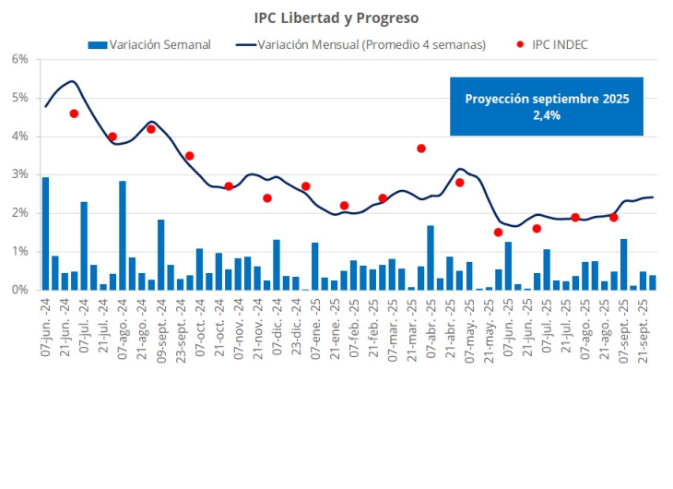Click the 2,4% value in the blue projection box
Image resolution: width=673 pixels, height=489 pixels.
546,115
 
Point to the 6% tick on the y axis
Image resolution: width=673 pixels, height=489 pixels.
20,59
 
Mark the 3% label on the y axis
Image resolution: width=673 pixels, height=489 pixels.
20,174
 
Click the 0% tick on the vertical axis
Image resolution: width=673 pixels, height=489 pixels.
20,290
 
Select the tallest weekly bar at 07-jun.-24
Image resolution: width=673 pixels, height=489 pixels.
46,233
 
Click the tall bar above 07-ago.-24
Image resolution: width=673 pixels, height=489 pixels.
123,235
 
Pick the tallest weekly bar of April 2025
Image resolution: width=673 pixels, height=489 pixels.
431,257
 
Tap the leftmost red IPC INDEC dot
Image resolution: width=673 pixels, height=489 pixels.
74,113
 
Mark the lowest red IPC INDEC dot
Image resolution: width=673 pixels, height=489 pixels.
498,233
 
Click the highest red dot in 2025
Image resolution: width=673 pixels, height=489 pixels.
420,148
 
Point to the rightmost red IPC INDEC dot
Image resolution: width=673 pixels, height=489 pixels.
614,218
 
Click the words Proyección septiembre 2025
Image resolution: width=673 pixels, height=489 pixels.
547,98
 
